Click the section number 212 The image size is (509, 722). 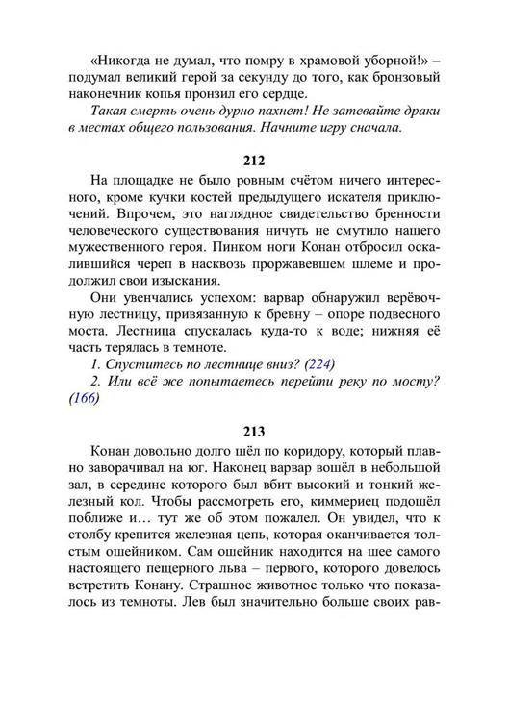(x=255, y=157)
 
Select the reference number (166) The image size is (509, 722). (x=85, y=401)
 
